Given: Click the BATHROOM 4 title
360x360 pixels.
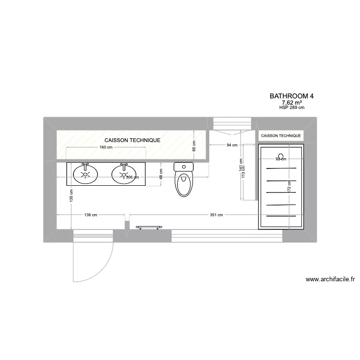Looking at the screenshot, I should click(x=292, y=96).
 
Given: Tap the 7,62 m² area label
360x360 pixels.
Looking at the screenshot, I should click(x=292, y=102).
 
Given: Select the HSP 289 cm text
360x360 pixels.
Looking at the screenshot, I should click(x=292, y=108).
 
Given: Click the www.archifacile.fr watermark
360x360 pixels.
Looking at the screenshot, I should click(x=330, y=279).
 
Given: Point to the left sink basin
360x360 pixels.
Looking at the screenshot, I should click(x=85, y=173).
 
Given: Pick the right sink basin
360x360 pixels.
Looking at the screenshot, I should click(x=124, y=173).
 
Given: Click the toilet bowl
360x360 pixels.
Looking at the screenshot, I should click(x=184, y=184).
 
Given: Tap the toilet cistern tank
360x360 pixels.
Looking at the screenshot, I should click(x=183, y=167).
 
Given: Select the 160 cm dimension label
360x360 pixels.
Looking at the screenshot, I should click(x=106, y=147).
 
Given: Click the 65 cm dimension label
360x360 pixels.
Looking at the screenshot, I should click(x=194, y=146).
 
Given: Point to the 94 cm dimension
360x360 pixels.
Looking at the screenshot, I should click(x=232, y=145).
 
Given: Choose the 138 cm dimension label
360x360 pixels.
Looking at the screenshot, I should click(x=91, y=215).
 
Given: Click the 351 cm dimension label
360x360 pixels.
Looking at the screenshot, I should click(x=216, y=215).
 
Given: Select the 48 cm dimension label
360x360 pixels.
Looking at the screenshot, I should click(x=160, y=173).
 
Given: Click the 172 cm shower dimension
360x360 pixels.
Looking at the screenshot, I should click(x=289, y=187).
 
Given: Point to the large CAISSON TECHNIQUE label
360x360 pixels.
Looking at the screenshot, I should click(x=132, y=140).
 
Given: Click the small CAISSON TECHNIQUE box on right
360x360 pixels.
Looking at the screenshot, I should click(x=281, y=136).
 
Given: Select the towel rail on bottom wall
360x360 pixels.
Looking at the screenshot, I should click(x=149, y=227).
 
